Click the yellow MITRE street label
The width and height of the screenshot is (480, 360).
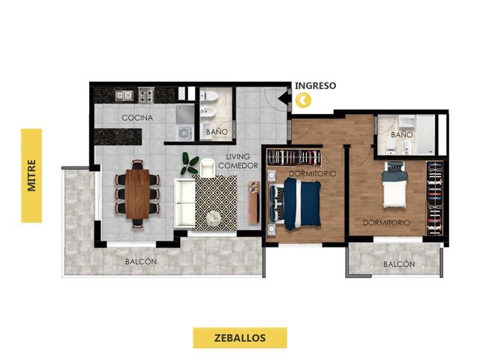[31, 175]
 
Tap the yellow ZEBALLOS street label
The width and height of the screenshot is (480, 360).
[240, 337]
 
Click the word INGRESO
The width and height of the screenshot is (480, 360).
[315, 85]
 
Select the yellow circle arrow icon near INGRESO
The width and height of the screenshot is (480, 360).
[303, 100]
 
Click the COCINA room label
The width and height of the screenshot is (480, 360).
[137, 118]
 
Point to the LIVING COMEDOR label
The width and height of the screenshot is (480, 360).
[238, 161]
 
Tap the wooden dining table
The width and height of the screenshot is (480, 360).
[137, 194]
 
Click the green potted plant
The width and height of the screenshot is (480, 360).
[190, 163]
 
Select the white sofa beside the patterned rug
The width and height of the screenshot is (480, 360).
[184, 203]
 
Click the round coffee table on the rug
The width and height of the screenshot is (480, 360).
[213, 218]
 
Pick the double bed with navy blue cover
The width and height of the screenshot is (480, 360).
[295, 204]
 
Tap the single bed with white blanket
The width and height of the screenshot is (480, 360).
[394, 185]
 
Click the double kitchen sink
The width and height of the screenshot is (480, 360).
[124, 95]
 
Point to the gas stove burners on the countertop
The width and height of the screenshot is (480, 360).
[146, 95]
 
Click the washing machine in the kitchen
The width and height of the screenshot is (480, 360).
[185, 133]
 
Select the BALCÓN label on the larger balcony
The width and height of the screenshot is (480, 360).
[141, 262]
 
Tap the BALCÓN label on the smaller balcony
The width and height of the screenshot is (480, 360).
[399, 264]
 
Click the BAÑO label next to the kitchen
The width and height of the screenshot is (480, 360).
[217, 132]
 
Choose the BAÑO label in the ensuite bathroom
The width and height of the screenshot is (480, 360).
[402, 135]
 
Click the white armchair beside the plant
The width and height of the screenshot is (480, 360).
[208, 168]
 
